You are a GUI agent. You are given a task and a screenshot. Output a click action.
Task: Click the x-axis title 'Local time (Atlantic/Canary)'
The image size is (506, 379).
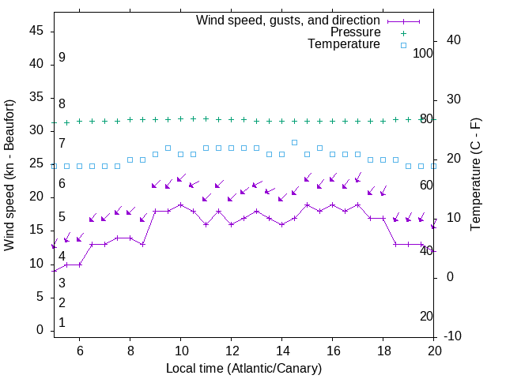click(x=244, y=368)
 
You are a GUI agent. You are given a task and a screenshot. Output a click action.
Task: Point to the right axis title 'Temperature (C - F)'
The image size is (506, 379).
click(x=475, y=175)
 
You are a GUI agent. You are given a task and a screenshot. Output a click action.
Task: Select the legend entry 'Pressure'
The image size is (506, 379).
click(x=355, y=32)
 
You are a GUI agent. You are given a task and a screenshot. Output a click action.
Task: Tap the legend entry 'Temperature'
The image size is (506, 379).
click(x=344, y=45)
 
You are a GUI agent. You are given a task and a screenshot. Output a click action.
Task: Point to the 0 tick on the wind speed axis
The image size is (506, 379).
click(x=40, y=330)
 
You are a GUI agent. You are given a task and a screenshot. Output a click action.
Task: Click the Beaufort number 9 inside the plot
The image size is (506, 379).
click(x=62, y=58)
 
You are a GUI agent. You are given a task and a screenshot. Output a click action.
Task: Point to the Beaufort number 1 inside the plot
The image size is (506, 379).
click(x=62, y=323)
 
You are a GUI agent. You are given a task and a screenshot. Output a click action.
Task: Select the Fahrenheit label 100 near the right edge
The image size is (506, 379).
click(x=423, y=53)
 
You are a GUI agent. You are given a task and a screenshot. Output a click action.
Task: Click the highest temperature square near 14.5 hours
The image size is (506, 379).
click(x=294, y=142)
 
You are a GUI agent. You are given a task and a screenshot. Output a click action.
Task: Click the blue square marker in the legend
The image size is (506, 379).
click(x=403, y=45)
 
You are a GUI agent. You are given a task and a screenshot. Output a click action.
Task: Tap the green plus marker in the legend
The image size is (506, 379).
click(x=403, y=32)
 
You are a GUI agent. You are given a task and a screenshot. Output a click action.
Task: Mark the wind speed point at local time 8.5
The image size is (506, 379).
click(x=142, y=244)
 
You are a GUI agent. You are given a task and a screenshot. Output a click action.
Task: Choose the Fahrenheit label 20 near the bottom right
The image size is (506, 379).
click(x=426, y=316)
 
